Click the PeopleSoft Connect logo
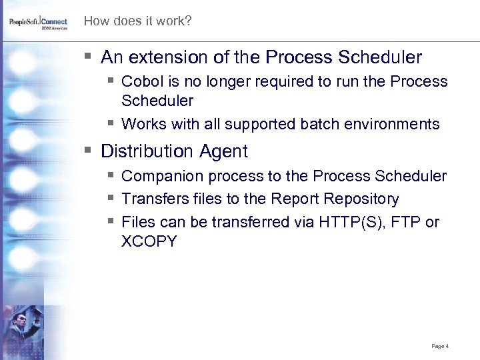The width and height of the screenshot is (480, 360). point(38,23)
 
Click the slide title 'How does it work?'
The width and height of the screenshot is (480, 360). point(137,21)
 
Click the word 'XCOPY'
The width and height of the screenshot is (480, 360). point(149,241)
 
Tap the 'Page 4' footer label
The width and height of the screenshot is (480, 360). point(440,346)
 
